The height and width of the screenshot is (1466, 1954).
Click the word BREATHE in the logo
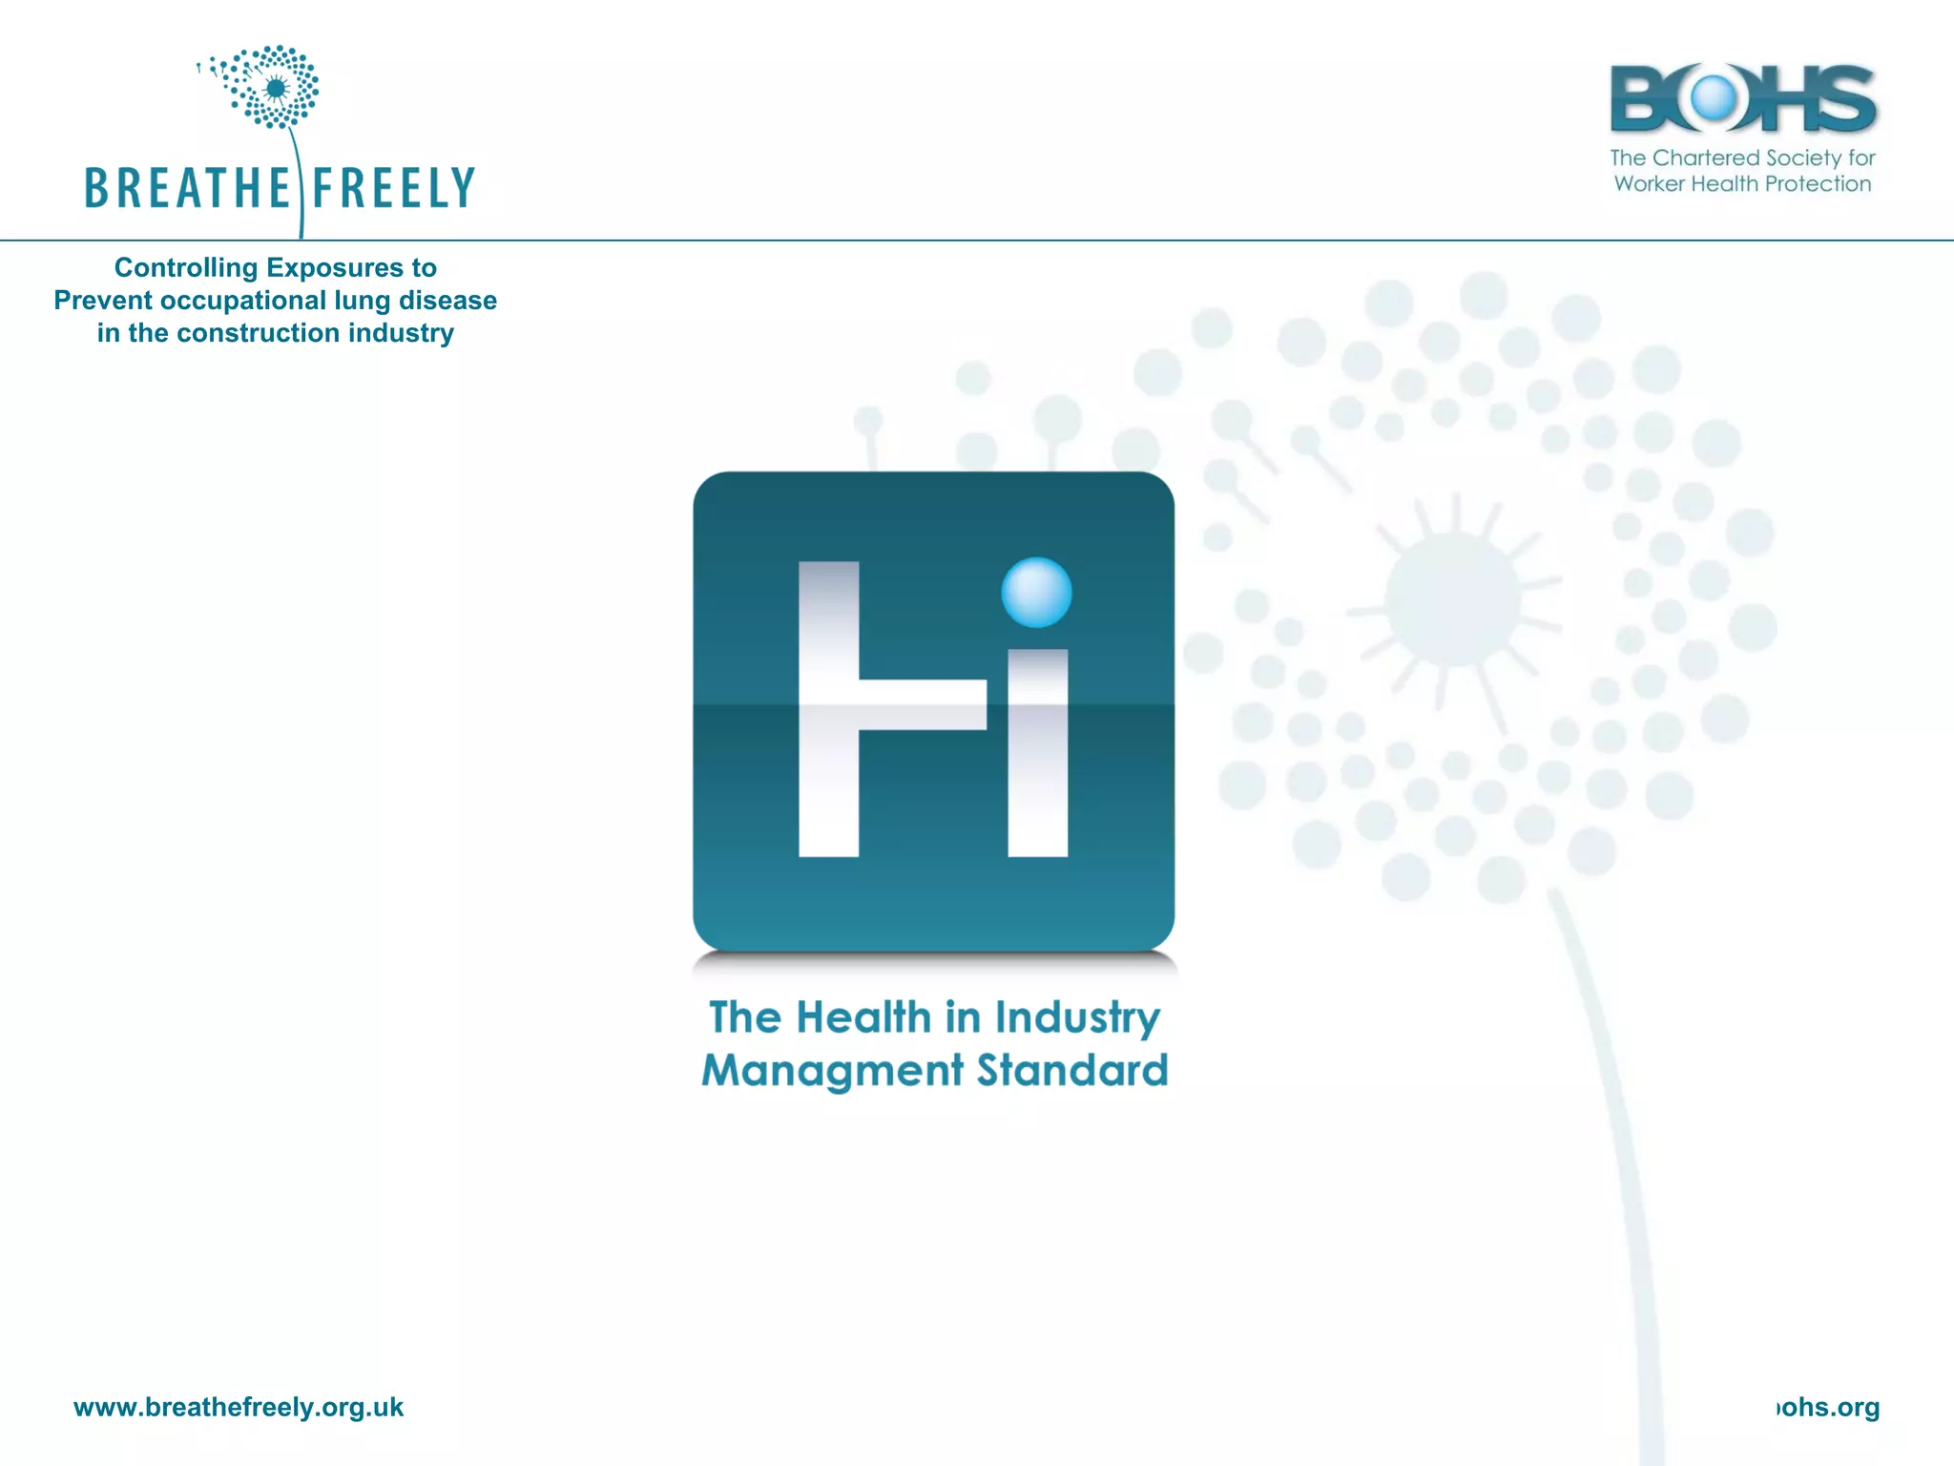pyautogui.click(x=186, y=188)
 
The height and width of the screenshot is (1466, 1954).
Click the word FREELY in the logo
pyautogui.click(x=393, y=188)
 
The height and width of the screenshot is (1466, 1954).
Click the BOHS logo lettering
pyautogui.click(x=1742, y=98)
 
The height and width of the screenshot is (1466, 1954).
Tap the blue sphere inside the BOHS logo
pyautogui.click(x=1714, y=97)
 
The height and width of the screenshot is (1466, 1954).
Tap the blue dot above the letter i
pyautogui.click(x=1036, y=592)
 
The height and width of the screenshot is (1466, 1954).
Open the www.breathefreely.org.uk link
pyautogui.click(x=239, y=1407)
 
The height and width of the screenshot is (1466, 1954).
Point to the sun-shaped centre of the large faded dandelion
pyautogui.click(x=1452, y=599)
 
